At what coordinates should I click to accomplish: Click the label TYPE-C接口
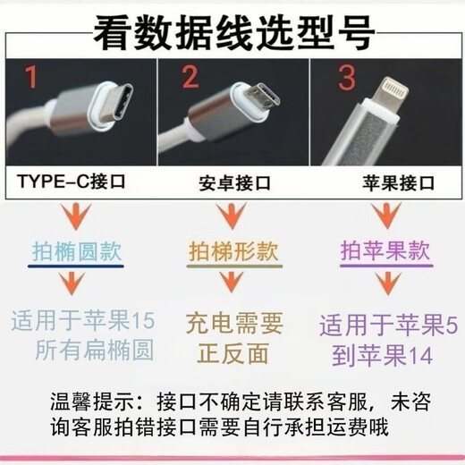click(x=71, y=184)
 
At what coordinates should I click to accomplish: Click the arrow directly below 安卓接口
click(x=232, y=218)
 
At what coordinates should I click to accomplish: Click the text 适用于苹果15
click(x=84, y=319)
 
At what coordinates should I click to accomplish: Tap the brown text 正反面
click(x=232, y=351)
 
